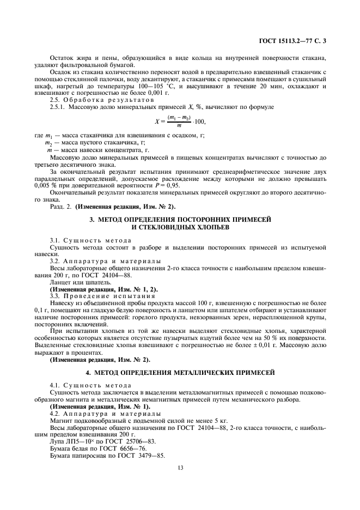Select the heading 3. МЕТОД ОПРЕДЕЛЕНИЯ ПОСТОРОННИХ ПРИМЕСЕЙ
tap(180, 219)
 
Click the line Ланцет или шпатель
tap(80, 282)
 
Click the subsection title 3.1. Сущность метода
tap(82, 240)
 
